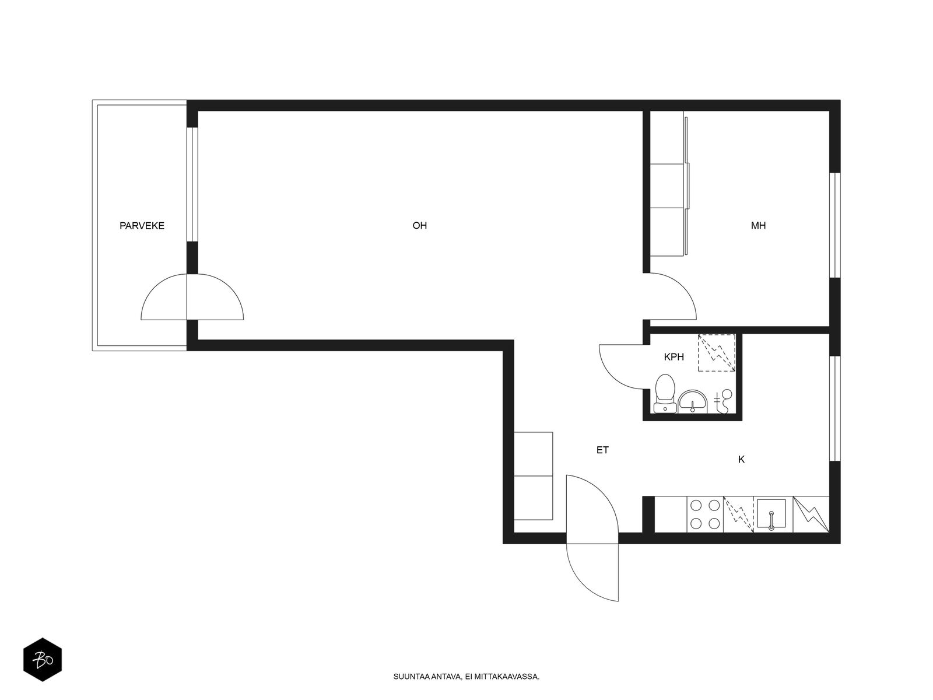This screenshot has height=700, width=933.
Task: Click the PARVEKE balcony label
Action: pyautogui.click(x=142, y=226)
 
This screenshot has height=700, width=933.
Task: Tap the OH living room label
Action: pyautogui.click(x=419, y=226)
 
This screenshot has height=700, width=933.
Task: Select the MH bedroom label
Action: pyautogui.click(x=758, y=226)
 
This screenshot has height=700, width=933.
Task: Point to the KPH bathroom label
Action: pyautogui.click(x=674, y=357)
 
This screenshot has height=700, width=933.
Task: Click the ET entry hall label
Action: pyautogui.click(x=602, y=450)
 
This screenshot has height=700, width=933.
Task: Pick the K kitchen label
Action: pyautogui.click(x=741, y=460)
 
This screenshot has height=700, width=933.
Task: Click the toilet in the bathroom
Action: pyautogui.click(x=665, y=394)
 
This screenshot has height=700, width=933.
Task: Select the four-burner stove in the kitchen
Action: pyautogui.click(x=705, y=514)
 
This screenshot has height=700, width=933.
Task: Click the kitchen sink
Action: pyautogui.click(x=771, y=514)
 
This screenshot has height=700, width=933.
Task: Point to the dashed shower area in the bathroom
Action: pyautogui.click(x=717, y=353)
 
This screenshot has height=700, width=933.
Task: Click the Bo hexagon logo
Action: pyautogui.click(x=43, y=660)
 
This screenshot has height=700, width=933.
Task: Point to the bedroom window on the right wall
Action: pyautogui.click(x=835, y=225)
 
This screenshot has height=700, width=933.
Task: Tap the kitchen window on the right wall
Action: pyautogui.click(x=835, y=408)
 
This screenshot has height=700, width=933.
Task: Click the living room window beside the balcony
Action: pyautogui.click(x=192, y=184)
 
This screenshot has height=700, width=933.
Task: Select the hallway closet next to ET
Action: pyautogui.click(x=533, y=475)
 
